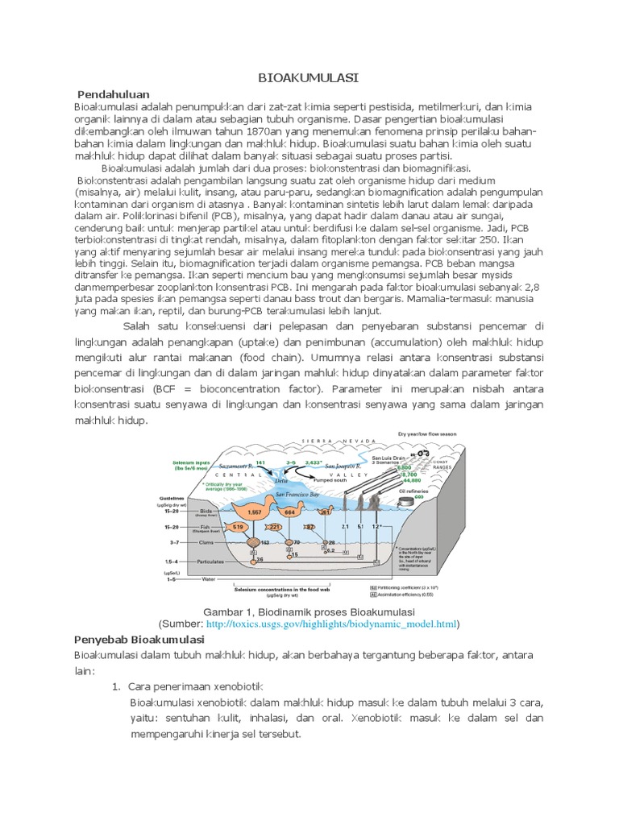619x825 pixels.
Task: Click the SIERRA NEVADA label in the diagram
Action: [339, 441]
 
